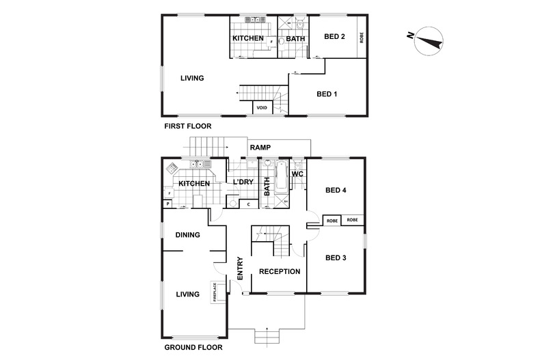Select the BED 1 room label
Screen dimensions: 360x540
326,94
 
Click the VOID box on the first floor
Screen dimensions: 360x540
262,108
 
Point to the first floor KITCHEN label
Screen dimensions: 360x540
247,38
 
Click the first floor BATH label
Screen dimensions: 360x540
295,38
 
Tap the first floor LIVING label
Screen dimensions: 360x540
192,78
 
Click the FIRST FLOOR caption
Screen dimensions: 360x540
187,126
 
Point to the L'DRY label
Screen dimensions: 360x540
243,183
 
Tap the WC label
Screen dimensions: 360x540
297,174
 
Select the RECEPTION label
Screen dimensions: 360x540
279,271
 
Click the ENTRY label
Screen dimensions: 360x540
240,267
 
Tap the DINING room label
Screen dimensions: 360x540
187,235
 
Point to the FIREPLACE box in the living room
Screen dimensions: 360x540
215,291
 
